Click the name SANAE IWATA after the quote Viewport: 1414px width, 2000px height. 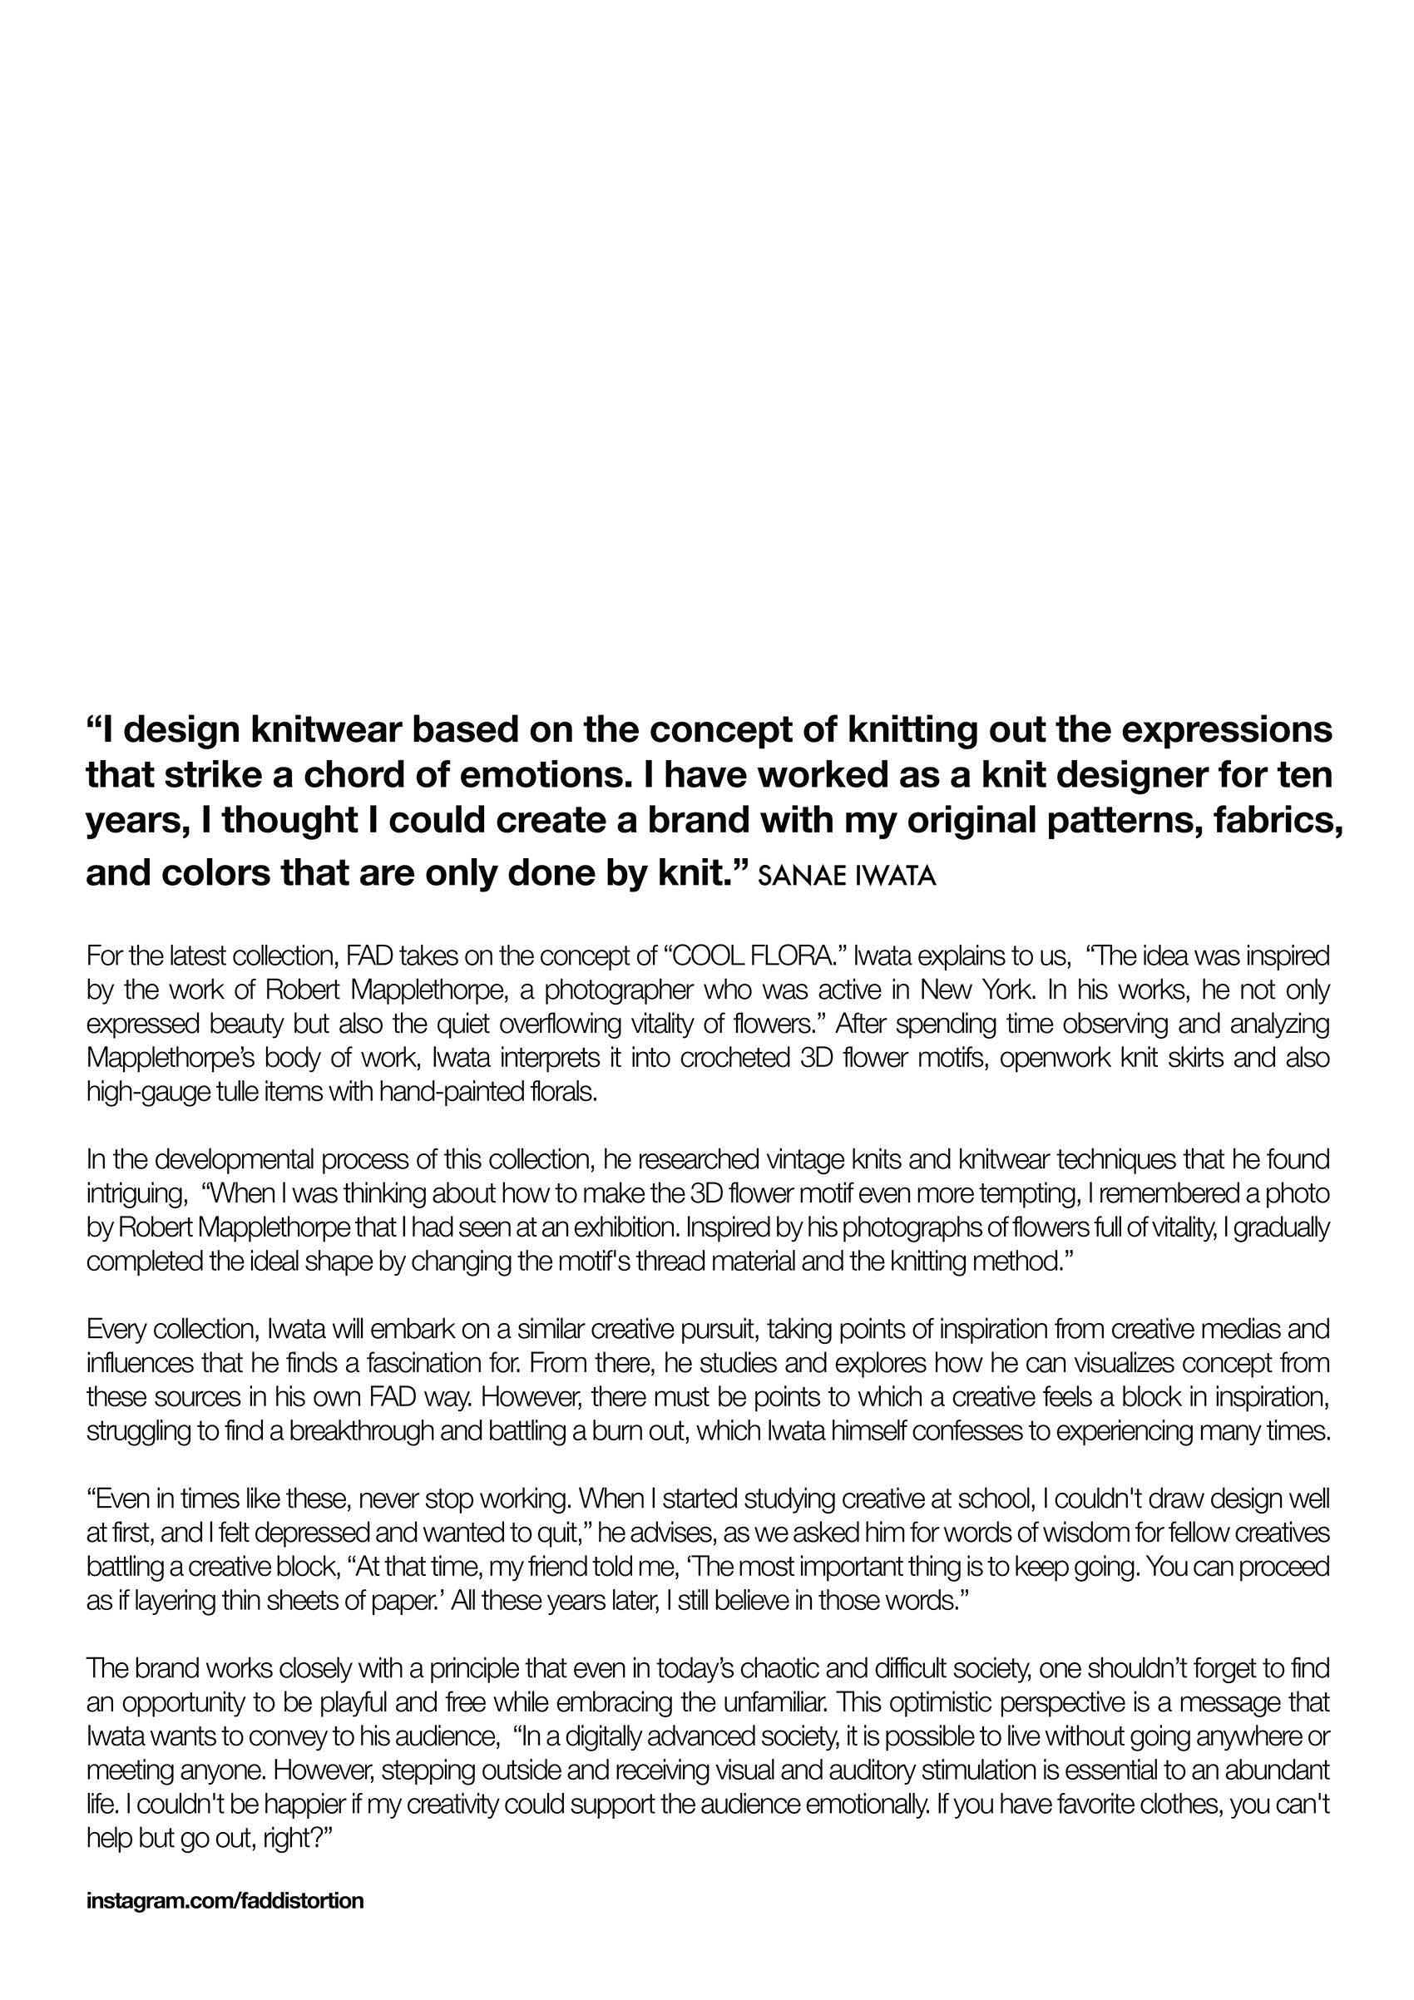click(x=847, y=876)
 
